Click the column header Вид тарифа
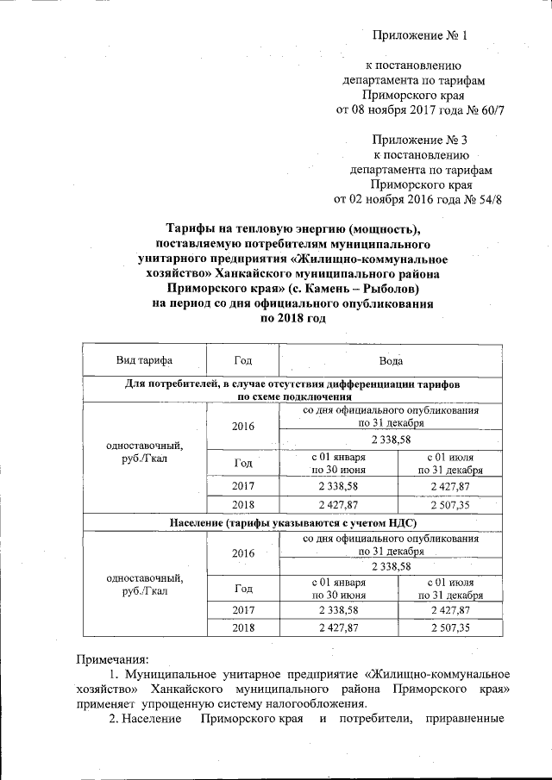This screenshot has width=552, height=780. [x=144, y=359]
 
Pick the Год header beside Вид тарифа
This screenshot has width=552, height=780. [x=243, y=359]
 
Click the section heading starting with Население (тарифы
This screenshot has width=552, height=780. [x=291, y=523]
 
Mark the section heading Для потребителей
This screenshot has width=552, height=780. [x=291, y=385]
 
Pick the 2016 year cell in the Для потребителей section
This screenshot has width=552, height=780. [x=243, y=426]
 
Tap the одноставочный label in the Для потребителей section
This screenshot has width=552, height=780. [x=144, y=446]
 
